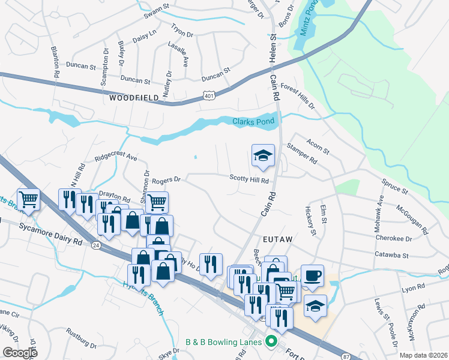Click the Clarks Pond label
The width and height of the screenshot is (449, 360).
coord(253,121)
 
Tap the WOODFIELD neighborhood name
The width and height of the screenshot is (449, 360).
coord(134,97)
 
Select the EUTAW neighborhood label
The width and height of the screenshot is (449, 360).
coord(277,239)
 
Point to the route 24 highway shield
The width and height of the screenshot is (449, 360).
coord(95,245)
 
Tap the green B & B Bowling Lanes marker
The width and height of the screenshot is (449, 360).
coord(271,343)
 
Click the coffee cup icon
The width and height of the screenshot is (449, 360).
coord(312,276)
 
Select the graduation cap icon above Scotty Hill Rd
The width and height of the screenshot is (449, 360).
coord(263,156)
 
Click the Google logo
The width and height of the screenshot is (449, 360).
coord(20,353)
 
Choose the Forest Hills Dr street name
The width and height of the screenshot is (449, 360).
coord(297,95)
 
